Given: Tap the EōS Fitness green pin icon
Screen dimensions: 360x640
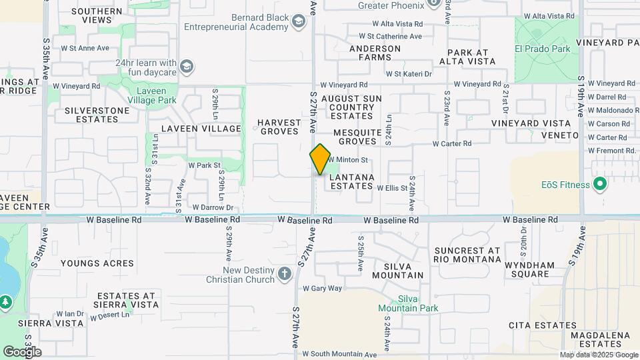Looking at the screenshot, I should (599, 185).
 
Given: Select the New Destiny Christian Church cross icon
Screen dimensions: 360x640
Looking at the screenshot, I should (285, 274).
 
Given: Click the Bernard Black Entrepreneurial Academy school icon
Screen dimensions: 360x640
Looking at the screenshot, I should (298, 23).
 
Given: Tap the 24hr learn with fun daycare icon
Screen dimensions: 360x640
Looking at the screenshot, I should (187, 67).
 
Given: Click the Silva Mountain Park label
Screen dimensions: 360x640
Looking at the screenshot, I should (408, 303).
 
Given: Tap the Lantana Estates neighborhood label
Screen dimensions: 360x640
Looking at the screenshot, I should (351, 181).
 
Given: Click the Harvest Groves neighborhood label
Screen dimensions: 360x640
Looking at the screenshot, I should (279, 127).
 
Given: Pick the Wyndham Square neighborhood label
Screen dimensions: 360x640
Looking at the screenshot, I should (529, 269).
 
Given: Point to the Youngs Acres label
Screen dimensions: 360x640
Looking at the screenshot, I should (97, 263).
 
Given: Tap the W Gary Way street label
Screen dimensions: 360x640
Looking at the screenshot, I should (322, 289).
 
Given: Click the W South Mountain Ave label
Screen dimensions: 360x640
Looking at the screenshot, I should (339, 355).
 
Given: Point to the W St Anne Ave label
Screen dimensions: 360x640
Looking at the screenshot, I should (85, 48).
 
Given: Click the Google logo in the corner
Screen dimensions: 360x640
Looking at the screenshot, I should (22, 351).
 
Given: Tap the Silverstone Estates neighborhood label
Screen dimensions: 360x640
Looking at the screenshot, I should (92, 115).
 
